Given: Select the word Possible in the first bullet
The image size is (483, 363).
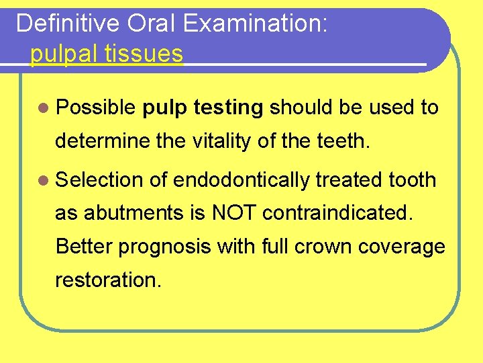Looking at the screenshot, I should (x=97, y=108).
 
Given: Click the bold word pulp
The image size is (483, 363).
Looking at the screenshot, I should (x=166, y=108).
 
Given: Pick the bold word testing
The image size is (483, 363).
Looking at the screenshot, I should (x=227, y=108).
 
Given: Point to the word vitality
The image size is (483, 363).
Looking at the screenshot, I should (x=219, y=142).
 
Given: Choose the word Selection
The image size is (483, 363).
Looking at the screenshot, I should (x=99, y=180).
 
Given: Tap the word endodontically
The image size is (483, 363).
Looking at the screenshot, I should (x=241, y=180).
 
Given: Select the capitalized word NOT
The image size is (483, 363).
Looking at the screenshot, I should (x=234, y=213).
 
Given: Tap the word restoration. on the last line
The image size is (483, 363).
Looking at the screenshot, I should (x=108, y=280).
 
